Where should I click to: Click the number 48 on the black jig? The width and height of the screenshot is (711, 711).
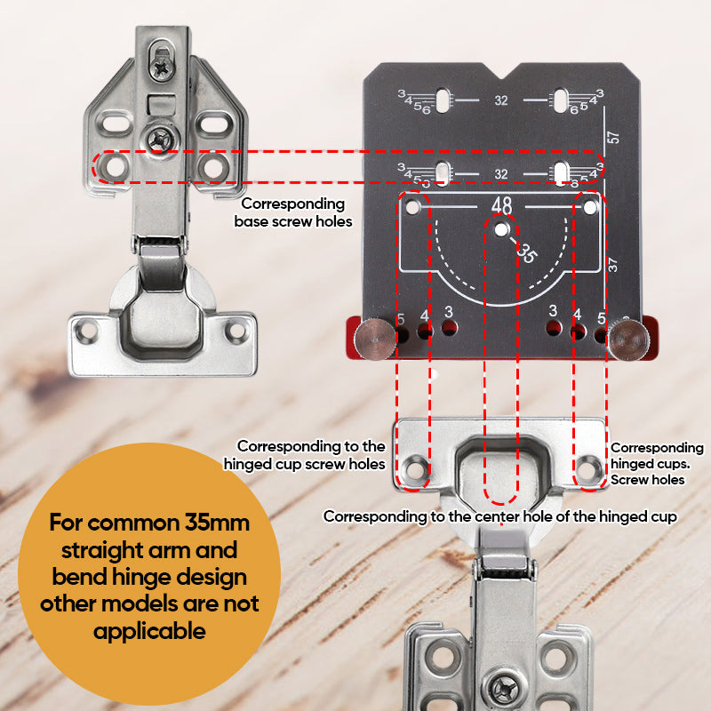click(x=501, y=205)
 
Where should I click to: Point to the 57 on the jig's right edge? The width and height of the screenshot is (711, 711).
click(x=614, y=138)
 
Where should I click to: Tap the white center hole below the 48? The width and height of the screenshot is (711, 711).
click(x=502, y=229)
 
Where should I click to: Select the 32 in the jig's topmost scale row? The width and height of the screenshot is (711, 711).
click(x=501, y=101)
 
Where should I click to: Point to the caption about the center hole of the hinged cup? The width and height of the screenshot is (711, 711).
click(x=499, y=516)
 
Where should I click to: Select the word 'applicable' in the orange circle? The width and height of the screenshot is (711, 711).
click(x=149, y=632)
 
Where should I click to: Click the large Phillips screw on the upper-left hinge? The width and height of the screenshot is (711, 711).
click(x=161, y=138)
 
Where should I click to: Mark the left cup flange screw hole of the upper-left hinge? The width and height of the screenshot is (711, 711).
click(x=87, y=332)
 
